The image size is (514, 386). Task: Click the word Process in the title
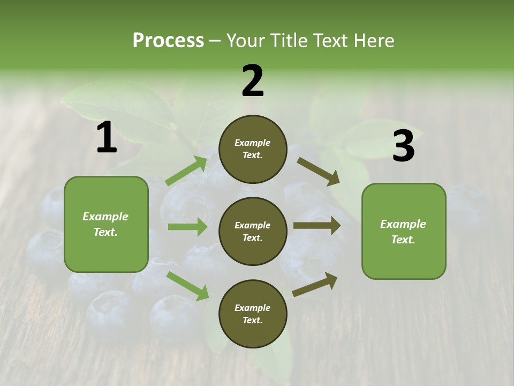168,41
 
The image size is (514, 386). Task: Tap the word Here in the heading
374,41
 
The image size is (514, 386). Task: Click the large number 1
107,138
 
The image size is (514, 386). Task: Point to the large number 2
253,81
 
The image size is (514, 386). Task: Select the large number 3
403,146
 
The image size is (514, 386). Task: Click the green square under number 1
106,224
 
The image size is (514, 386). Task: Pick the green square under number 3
404,231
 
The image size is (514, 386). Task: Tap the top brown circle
253,149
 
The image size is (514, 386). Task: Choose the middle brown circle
253,231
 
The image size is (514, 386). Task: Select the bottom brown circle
253,314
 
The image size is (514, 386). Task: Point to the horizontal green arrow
187,227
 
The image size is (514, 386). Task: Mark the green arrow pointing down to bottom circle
187,286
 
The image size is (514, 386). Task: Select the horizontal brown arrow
317,226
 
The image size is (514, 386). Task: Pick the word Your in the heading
245,41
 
